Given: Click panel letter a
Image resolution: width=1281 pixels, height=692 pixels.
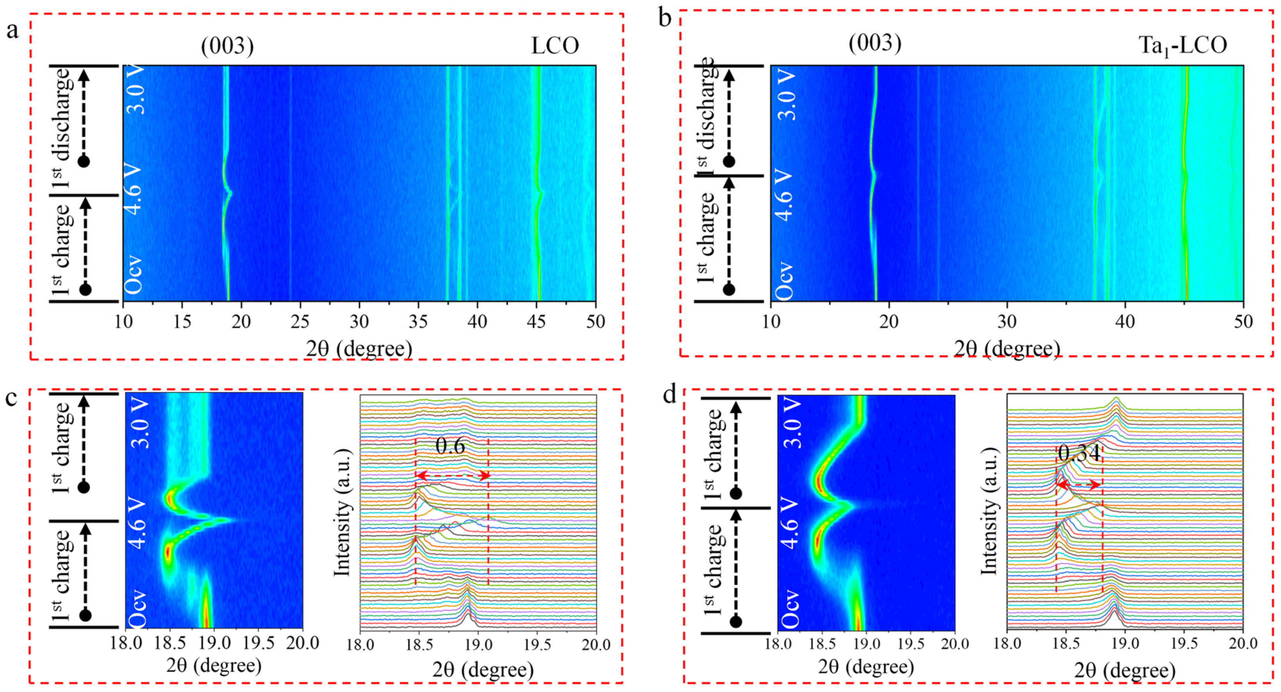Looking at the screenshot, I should click(x=13, y=31).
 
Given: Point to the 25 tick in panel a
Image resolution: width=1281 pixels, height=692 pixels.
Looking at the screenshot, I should click(x=300, y=322).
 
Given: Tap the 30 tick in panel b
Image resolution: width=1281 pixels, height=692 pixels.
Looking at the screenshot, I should click(x=1007, y=322).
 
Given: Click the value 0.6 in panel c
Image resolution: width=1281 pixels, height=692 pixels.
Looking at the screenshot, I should click(x=450, y=447).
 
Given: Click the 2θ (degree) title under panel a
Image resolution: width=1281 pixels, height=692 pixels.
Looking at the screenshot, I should click(x=359, y=349).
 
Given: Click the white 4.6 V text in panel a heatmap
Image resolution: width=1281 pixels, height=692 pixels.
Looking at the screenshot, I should click(x=133, y=190).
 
